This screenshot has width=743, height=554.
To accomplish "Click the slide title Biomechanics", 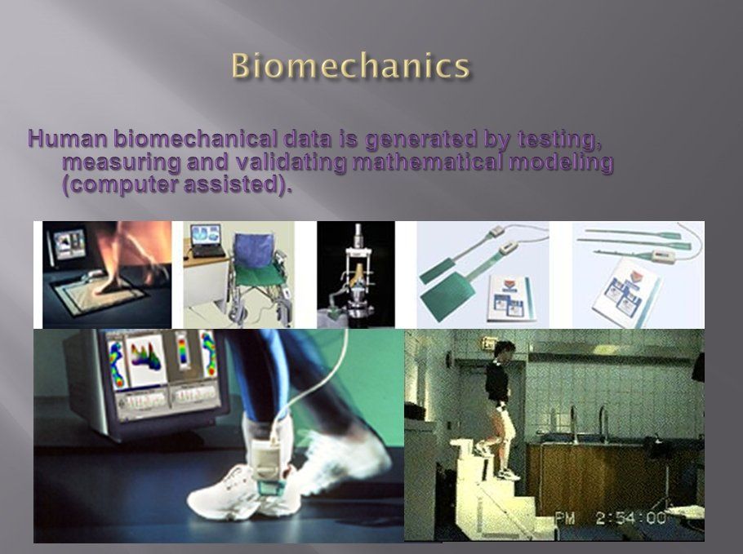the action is (x=350, y=65).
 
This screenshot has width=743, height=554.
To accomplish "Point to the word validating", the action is (x=291, y=162).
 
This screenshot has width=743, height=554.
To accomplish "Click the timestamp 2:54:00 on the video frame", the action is (x=630, y=517).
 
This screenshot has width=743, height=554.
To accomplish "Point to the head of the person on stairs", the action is (x=503, y=350).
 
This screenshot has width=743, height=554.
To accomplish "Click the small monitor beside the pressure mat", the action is (x=68, y=243).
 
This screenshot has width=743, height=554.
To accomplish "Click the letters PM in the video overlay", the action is (x=564, y=518).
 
